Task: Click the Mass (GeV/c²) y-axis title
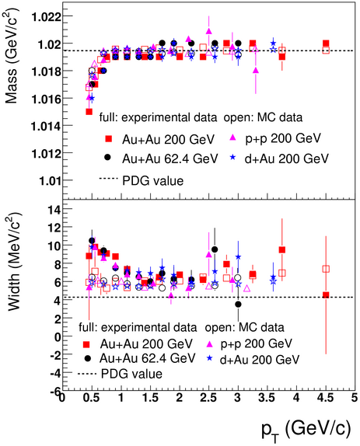(x=12, y=56)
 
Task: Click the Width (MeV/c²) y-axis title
(x=14, y=262)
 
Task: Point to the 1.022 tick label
(x=47, y=17)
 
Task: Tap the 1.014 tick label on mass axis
(x=47, y=126)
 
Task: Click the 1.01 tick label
(x=50, y=180)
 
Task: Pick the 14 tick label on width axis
(x=54, y=210)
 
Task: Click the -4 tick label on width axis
(x=55, y=373)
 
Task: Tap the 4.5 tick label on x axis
(x=325, y=398)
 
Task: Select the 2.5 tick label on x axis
(x=208, y=398)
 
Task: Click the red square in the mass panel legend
(x=108, y=139)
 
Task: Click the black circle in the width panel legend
(x=88, y=358)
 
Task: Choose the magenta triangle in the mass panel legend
(x=232, y=138)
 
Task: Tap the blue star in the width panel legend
(x=210, y=358)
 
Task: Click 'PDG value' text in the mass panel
(x=153, y=181)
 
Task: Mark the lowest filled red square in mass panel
(x=89, y=112)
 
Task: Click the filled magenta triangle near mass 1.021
(x=209, y=31)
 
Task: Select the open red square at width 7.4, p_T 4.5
(x=326, y=269)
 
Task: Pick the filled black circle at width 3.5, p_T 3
(x=238, y=305)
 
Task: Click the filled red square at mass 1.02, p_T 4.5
(x=326, y=44)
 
